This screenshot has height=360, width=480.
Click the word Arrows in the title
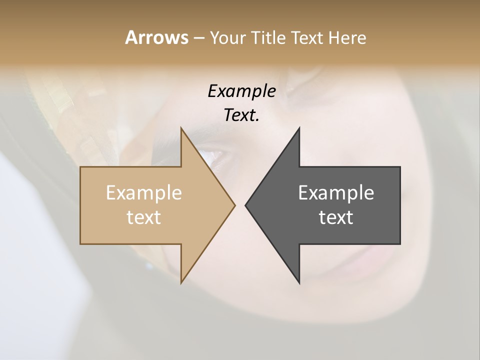click(156, 37)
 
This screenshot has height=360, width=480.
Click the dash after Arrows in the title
click(198, 38)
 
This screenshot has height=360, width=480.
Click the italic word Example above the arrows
click(241, 91)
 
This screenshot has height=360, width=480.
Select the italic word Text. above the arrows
click(241, 115)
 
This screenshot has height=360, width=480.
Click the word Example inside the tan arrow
click(144, 193)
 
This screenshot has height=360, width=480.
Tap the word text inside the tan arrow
click(144, 217)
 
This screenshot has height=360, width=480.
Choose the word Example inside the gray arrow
click(336, 193)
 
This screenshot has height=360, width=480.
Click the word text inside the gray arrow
click(336, 217)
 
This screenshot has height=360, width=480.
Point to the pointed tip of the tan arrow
click(234, 205)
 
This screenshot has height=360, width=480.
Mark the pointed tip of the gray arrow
click(245, 205)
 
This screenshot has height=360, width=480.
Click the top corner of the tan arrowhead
click(181, 128)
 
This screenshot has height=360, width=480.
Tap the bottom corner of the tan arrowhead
click(181, 282)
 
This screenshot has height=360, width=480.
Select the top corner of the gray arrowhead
click(299, 128)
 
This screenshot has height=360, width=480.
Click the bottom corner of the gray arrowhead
click(299, 282)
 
